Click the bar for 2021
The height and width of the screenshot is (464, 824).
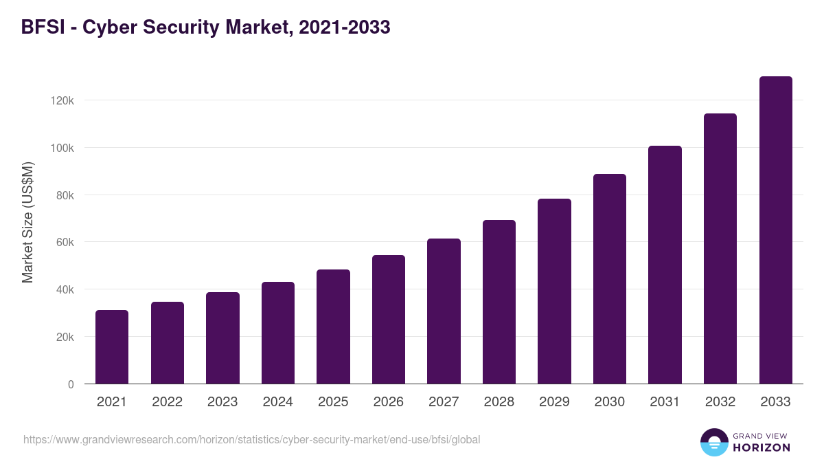(112, 347)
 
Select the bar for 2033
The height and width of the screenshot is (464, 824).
(775, 230)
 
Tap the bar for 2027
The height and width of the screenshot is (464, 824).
(444, 311)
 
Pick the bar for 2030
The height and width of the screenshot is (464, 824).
(610, 279)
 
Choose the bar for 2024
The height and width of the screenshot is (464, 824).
(278, 333)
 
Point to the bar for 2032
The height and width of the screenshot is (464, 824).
(720, 249)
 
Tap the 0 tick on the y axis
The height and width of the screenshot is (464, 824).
(71, 384)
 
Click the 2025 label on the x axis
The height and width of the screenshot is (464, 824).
(333, 402)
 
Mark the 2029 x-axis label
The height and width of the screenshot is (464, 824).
(554, 402)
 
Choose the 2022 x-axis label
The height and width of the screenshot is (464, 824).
(167, 402)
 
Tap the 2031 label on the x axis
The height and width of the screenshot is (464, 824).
(665, 402)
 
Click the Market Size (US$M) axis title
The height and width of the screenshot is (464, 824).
(27, 222)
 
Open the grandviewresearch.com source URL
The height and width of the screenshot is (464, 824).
(251, 439)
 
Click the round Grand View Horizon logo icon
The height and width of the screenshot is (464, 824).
(713, 442)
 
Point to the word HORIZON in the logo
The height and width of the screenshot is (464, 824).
(762, 448)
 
